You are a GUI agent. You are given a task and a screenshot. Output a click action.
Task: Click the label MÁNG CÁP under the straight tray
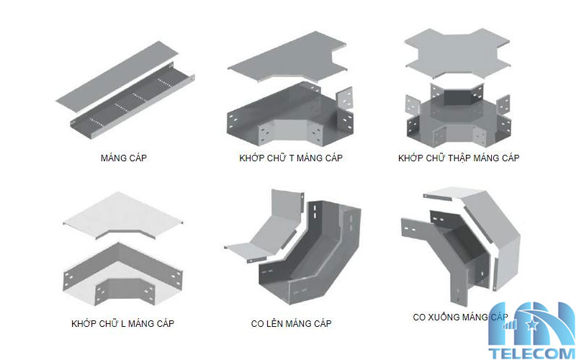[x=124, y=158]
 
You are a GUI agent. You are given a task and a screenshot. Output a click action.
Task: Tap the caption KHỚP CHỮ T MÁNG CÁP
[x=291, y=158]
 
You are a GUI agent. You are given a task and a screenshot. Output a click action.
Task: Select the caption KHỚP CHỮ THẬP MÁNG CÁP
[x=459, y=158]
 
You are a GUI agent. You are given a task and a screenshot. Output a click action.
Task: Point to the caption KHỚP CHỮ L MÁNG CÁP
[x=123, y=323]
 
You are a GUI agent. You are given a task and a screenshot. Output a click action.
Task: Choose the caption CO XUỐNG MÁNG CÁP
[x=461, y=317]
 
